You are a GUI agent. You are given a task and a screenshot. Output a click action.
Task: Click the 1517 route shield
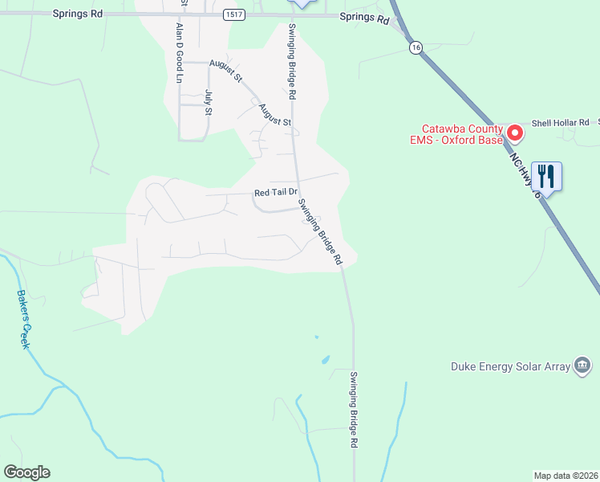click(x=233, y=14)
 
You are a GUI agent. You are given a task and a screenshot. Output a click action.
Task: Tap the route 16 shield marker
click(x=414, y=48)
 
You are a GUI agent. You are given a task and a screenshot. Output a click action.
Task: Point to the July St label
click(x=208, y=101)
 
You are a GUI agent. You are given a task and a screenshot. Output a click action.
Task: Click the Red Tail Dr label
click(x=276, y=193)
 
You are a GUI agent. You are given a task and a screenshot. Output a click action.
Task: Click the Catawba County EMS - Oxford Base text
click(x=463, y=134)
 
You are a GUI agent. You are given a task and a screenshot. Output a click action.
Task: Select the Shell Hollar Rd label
click(x=560, y=122)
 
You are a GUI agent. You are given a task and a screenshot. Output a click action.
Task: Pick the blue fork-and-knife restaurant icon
click(x=545, y=177)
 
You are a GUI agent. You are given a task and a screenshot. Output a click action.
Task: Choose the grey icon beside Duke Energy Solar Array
click(x=582, y=367)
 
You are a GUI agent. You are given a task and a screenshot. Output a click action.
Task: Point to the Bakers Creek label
click(x=23, y=317)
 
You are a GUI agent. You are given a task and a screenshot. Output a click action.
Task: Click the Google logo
click(x=26, y=472)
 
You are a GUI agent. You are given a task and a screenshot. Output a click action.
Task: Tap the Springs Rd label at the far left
click(x=79, y=14)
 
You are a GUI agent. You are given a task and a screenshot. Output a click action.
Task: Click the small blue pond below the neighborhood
click(x=325, y=360)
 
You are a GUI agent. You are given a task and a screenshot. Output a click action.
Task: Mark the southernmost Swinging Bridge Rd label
click(x=354, y=409)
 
